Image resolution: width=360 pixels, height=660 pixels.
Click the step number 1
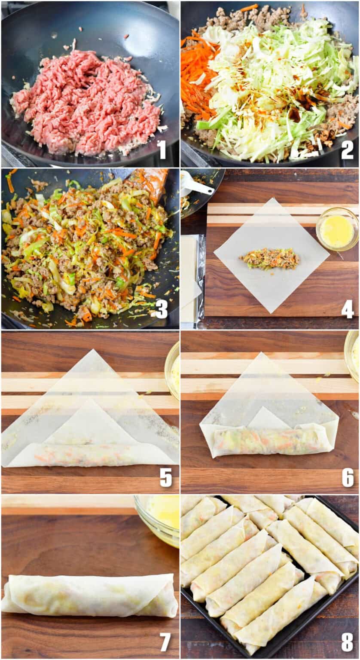click(161, 150)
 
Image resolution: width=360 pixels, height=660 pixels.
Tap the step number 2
click(347, 150)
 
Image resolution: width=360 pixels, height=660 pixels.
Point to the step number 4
click(347, 309)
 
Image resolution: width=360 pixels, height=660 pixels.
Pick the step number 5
click(166, 478)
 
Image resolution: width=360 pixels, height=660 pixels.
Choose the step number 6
click(347, 478)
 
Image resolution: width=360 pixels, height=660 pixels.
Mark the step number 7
click(165, 642)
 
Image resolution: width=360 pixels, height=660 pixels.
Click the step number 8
click(347, 642)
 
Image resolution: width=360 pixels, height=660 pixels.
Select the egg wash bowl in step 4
click(337, 230)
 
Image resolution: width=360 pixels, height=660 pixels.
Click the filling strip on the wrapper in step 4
click(270, 259)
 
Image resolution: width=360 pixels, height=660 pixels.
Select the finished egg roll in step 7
click(90, 595)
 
